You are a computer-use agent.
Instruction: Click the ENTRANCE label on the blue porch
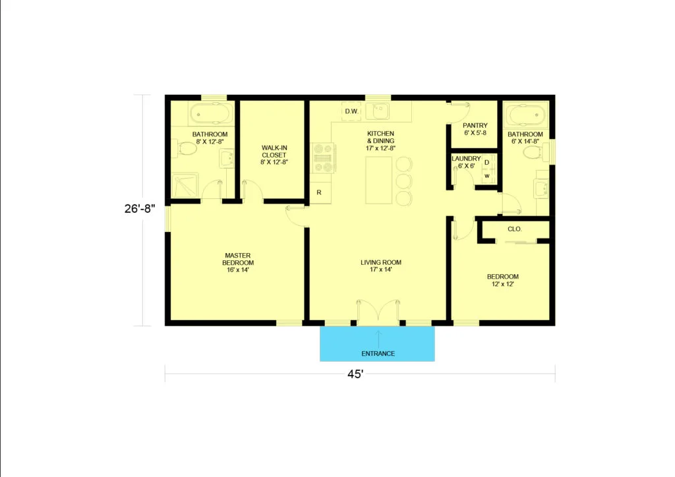378,354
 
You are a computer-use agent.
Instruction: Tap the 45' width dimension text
355,374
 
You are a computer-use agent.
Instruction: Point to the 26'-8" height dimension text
140,209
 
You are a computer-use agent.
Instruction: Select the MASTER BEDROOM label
238,259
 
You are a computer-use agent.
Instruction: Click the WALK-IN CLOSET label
274,152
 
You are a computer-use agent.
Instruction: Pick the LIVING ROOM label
381,262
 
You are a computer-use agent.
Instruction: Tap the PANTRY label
475,126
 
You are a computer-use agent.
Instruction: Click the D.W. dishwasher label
352,111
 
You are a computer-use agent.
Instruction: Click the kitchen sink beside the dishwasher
378,111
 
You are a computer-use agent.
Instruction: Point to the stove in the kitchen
323,158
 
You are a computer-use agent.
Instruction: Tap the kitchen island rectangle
379,181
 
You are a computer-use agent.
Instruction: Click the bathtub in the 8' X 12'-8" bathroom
212,114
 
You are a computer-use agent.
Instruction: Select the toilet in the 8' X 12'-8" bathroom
185,149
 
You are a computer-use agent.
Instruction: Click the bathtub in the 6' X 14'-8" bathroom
525,115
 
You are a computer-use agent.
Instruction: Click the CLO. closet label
515,229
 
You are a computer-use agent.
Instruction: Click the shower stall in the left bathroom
185,185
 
